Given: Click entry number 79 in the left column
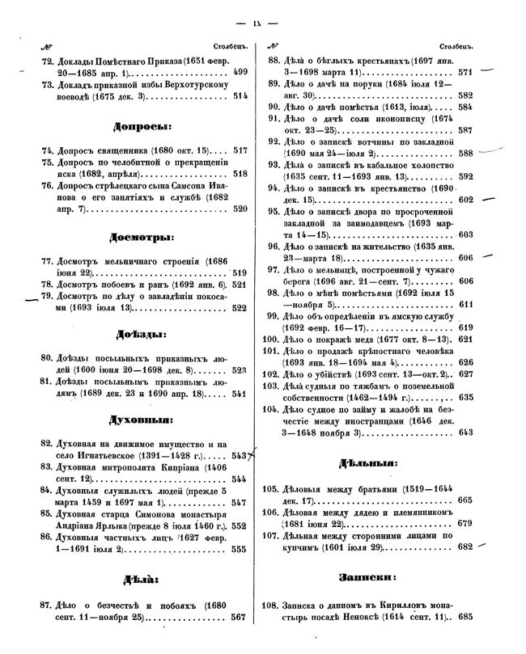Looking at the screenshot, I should pos(48,296).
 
